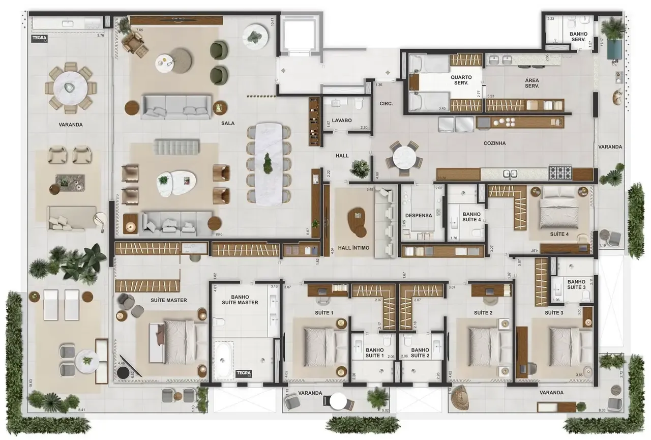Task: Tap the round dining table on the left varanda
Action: [71, 87]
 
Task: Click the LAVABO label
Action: [342, 121]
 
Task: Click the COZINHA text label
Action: [494, 143]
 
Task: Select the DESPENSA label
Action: [419, 215]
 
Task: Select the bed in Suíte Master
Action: [175, 342]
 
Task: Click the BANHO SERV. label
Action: [579, 37]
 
